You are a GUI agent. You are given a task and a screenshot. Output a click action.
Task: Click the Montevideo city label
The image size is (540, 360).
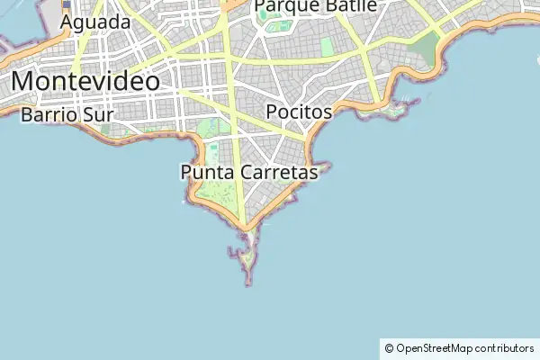pos(86,82)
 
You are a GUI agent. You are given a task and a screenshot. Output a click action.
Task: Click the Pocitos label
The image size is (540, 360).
pos(300,112)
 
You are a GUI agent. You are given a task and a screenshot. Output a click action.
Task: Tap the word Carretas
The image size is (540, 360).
pos(277,171)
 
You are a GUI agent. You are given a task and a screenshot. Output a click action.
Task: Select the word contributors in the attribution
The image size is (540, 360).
pos(505,348)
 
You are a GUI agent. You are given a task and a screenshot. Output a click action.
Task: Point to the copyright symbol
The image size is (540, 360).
pos(389,348)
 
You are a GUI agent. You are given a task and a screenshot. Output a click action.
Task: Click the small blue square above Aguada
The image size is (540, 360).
pos(67,4)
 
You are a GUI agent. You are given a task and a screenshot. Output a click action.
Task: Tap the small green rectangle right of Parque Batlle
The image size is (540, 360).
pos(326,43)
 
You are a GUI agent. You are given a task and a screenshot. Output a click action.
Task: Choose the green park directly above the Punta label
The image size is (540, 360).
pos(213,128)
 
